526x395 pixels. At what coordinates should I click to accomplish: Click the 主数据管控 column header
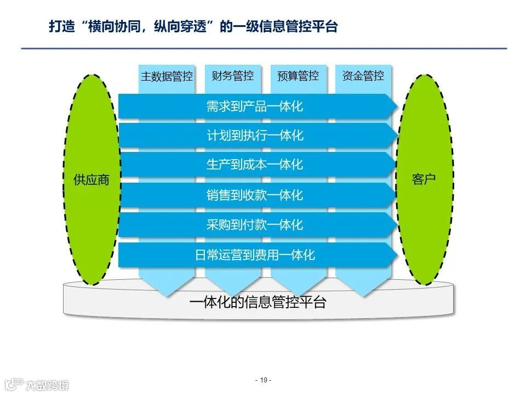167,76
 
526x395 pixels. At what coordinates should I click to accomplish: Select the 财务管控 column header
232,76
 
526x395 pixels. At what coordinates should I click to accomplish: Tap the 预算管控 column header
298,76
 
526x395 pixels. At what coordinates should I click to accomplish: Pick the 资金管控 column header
363,76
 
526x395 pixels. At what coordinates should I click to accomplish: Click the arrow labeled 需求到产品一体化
255,106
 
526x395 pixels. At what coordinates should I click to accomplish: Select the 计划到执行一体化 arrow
255,136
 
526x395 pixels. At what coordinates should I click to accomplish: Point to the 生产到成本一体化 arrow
255,165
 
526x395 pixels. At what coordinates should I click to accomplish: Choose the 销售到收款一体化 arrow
255,195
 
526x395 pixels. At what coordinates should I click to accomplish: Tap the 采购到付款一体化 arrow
255,224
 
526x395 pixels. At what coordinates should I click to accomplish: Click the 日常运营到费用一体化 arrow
255,255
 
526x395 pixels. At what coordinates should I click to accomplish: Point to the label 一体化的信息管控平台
258,302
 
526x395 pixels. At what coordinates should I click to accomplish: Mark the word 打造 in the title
60,27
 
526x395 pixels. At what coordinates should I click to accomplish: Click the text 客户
424,179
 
